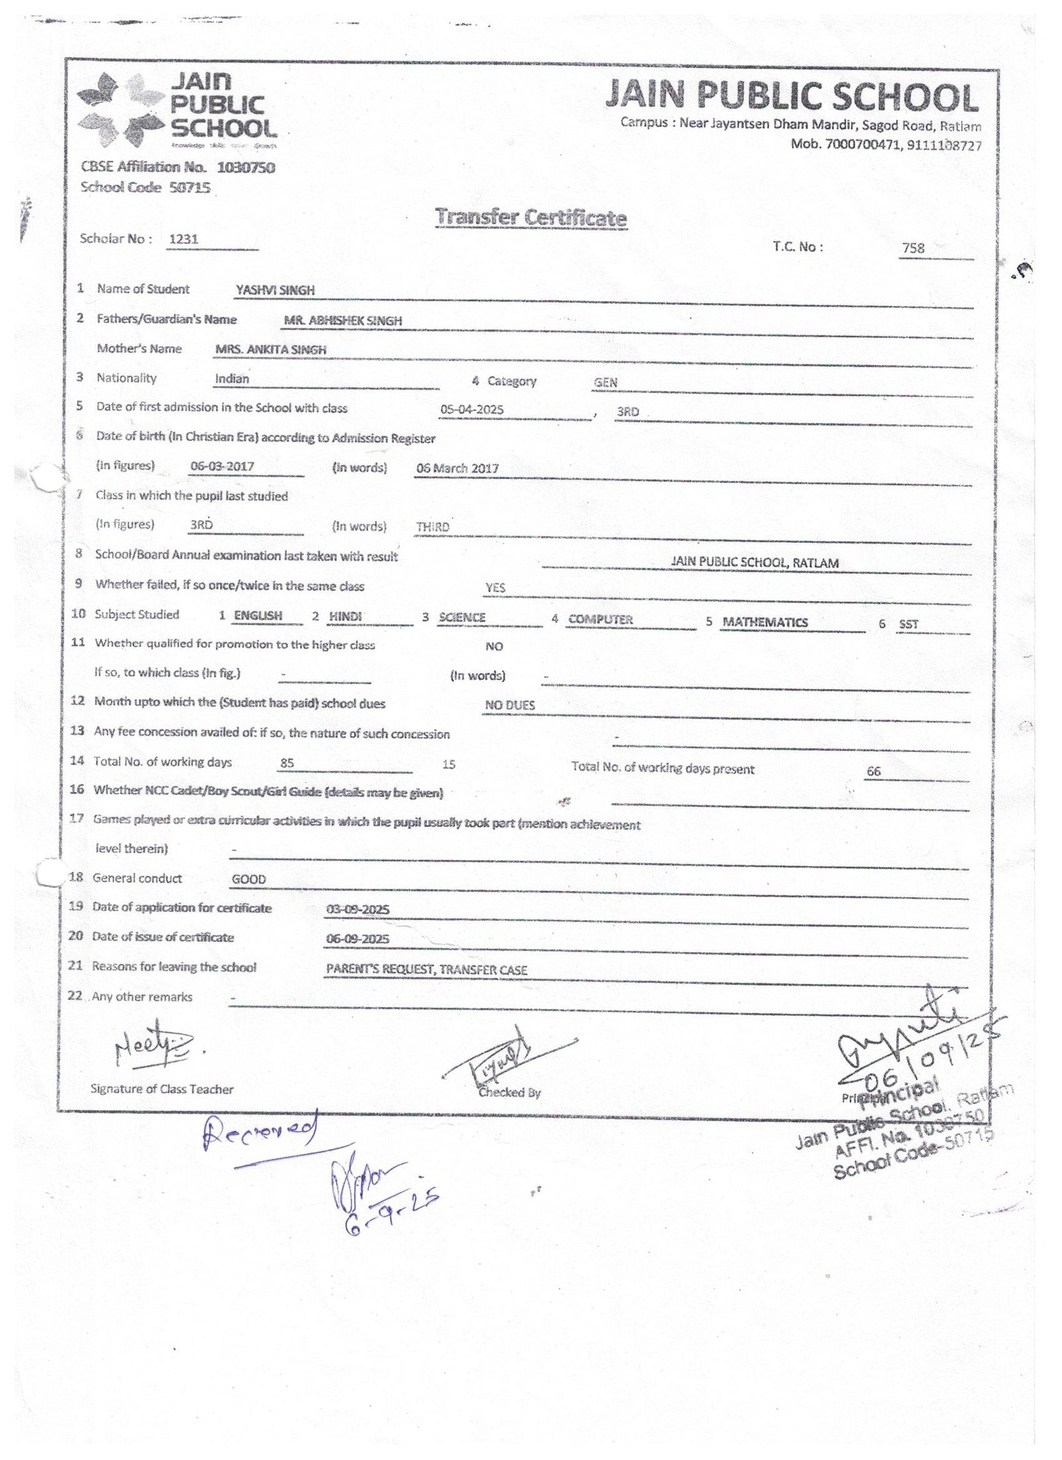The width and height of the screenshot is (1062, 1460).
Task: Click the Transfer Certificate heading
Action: pos(530,217)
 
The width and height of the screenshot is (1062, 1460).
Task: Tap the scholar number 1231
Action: pos(183,239)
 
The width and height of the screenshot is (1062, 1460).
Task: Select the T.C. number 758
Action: pos(913,248)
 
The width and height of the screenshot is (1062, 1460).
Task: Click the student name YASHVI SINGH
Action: pos(275,290)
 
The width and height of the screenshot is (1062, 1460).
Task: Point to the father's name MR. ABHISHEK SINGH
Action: pos(342,321)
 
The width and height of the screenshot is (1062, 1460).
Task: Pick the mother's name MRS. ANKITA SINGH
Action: pos(271,350)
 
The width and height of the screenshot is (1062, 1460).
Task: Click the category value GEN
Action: pos(605,382)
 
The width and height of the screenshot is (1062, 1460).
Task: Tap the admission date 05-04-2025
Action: pos(472,409)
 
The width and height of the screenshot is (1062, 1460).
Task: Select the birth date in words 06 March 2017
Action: pos(457,468)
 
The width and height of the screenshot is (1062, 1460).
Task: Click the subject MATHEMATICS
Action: pos(765,622)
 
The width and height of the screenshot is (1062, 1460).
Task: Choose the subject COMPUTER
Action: pos(600,619)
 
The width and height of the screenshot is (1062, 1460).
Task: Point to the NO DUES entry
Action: pos(510,705)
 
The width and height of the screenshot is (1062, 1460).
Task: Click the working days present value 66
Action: pos(873,771)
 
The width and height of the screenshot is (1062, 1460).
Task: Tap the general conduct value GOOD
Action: pos(249,879)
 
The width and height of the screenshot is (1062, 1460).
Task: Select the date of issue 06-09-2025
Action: pos(358,938)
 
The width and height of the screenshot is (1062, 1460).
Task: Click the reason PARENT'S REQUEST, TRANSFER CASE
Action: pos(426,970)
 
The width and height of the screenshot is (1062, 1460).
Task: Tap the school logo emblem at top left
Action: pos(120,110)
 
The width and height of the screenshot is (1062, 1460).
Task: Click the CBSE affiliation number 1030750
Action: pos(246,167)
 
